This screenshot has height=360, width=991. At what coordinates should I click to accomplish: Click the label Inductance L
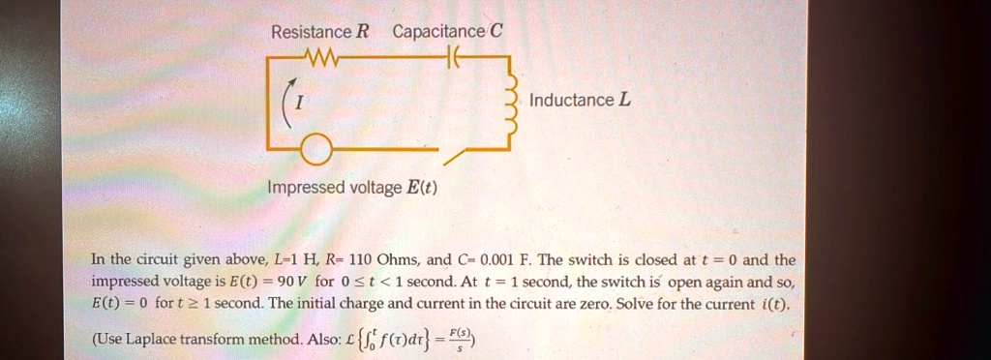[x=580, y=101]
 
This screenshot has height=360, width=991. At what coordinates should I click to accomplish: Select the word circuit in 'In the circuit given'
[x=153, y=260]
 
